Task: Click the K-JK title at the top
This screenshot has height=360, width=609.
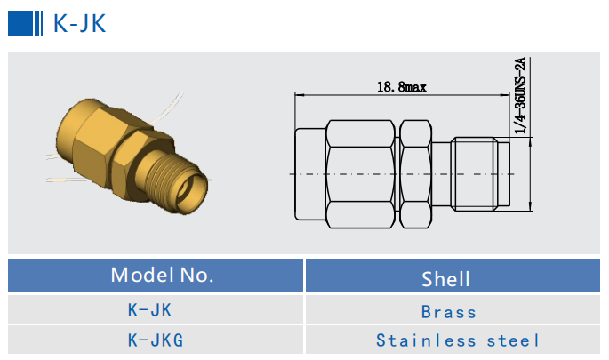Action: tap(79, 24)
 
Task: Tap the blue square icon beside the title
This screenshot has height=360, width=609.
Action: tap(23, 24)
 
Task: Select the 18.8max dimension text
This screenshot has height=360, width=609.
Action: tap(402, 87)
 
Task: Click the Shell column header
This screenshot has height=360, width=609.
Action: tap(445, 278)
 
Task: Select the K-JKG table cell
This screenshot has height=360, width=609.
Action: tap(155, 340)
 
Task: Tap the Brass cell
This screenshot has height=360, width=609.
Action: tap(449, 312)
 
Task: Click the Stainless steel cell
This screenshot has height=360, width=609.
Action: tap(457, 340)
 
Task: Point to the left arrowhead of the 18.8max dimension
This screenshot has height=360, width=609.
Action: tap(298, 95)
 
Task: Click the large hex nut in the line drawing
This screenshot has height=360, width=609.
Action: tap(360, 172)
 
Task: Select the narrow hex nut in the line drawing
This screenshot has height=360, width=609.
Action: tap(415, 172)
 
